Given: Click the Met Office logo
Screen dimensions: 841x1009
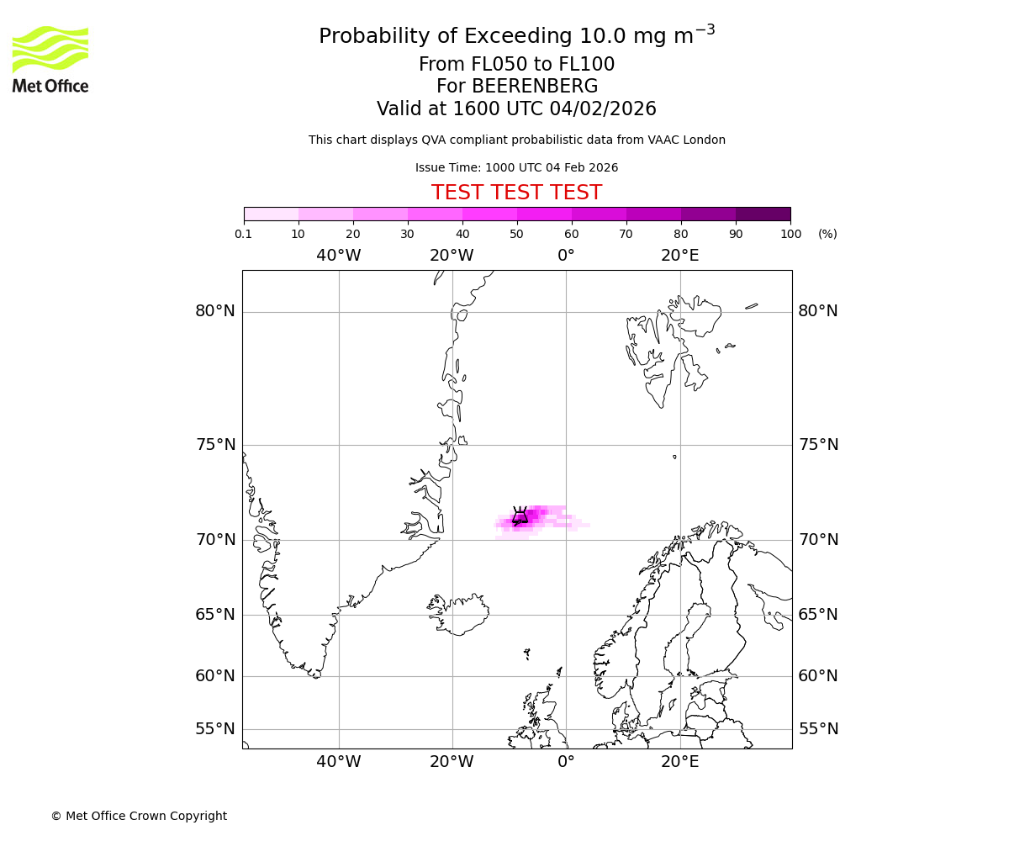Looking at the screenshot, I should click(50, 59).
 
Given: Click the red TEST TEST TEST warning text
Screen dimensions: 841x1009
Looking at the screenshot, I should click(516, 193).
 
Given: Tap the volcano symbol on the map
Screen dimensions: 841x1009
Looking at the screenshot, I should click(520, 516).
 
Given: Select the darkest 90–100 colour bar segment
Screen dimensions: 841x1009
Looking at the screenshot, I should click(763, 214).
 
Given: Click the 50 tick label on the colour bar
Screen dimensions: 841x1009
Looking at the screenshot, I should click(516, 234).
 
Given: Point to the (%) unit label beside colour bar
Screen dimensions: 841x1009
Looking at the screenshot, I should click(827, 234).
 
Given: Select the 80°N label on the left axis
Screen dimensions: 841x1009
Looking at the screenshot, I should click(215, 311).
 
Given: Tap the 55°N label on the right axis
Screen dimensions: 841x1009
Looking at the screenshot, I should click(818, 729).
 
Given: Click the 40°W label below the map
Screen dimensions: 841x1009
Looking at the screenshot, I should click(339, 762).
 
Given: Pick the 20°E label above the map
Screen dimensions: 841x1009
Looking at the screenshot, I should click(679, 256).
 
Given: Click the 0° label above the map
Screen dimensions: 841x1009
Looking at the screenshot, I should click(566, 256).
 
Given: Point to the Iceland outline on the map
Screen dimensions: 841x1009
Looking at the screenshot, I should click(459, 614).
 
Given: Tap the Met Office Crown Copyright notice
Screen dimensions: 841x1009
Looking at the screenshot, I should click(139, 816).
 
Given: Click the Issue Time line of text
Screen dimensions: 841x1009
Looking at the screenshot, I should click(516, 167).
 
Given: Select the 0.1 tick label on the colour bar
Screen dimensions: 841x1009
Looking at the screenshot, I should click(244, 234).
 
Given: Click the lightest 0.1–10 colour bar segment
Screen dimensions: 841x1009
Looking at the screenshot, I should click(271, 214).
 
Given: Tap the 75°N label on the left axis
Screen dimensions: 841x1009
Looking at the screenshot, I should click(215, 445).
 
